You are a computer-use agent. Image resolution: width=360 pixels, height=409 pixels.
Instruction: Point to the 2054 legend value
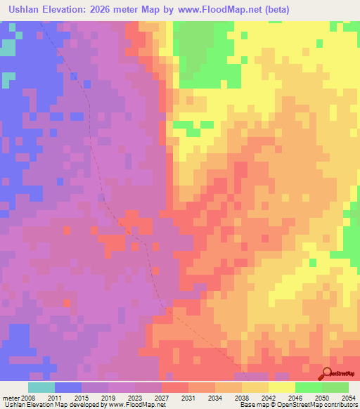(x=349, y=396)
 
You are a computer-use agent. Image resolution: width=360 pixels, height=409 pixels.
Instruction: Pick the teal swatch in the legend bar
(x=41, y=387)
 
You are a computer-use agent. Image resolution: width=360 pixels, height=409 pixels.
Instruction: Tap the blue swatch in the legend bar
(x=68, y=387)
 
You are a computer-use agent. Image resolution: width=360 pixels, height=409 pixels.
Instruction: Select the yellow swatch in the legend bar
(x=282, y=387)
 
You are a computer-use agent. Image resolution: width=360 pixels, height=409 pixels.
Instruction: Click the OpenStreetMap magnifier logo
(x=327, y=373)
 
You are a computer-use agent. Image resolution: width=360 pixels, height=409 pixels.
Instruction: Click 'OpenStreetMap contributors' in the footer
(x=320, y=405)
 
